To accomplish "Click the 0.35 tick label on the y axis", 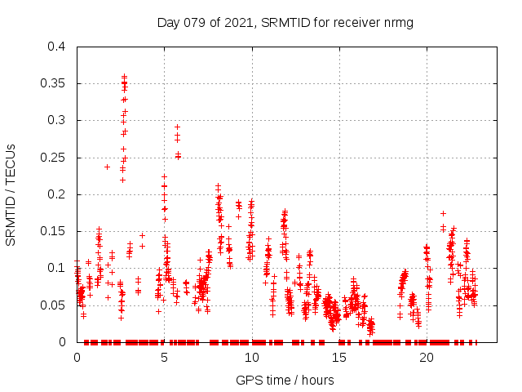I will click(55, 83).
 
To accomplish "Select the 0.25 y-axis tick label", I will click(55, 158).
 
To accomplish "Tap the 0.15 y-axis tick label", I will click(55, 231).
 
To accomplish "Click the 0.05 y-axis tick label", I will click(55, 305).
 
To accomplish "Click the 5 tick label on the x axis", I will click(164, 358).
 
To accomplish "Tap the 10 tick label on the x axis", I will click(251, 358).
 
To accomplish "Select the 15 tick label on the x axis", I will click(338, 358).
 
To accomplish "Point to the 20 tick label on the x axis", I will click(426, 358).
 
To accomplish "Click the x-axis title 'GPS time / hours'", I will click(285, 380).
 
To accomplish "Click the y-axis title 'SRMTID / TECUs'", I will click(11, 194).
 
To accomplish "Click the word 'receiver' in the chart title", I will click(352, 22).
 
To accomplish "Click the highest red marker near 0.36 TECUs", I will click(124, 76).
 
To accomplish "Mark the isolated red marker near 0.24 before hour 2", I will click(107, 167).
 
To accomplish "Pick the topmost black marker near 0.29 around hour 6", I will click(177, 127).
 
